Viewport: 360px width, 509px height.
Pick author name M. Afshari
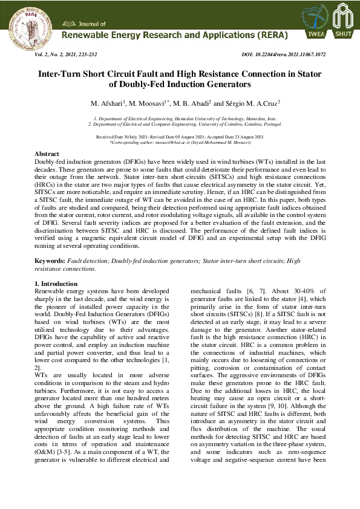(x=106, y=103)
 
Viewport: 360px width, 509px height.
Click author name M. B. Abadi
(x=195, y=103)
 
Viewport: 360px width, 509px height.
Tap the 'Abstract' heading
(x=47, y=155)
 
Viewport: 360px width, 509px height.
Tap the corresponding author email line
(x=180, y=142)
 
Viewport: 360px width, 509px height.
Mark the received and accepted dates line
(x=180, y=137)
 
